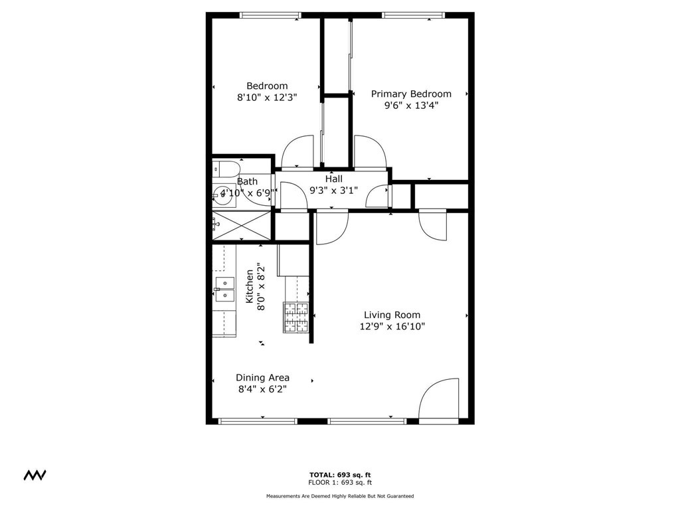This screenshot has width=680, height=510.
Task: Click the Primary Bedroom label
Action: [410, 94]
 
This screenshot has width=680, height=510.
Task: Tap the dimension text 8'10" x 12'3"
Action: [267, 97]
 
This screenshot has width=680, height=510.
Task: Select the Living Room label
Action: [392, 315]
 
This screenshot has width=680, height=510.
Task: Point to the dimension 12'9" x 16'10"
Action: [392, 326]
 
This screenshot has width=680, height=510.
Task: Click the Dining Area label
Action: [262, 378]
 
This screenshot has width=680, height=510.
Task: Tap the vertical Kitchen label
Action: [250, 286]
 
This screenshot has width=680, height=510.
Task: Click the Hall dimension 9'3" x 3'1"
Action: [334, 191]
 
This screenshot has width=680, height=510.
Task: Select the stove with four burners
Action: [296, 317]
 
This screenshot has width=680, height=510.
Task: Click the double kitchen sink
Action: [224, 290]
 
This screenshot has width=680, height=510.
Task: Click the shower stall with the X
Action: [242, 225]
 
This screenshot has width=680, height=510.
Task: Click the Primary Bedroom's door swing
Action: [369, 152]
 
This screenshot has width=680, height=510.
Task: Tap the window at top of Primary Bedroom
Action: [412, 15]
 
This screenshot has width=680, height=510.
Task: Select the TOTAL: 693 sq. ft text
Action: [339, 474]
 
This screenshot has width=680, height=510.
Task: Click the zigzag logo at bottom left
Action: [35, 475]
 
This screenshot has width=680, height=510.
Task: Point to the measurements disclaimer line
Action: [339, 496]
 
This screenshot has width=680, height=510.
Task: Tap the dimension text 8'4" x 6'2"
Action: [262, 390]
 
